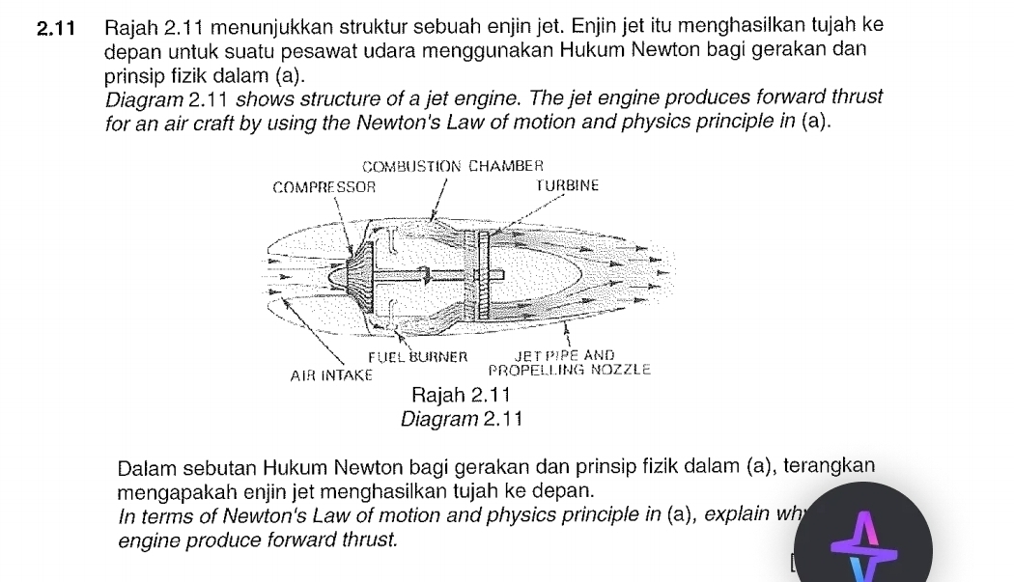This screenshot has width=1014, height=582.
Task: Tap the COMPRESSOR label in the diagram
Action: (324, 185)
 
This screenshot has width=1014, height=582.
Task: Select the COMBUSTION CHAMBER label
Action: (454, 166)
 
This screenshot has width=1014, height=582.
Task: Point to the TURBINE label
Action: (568, 185)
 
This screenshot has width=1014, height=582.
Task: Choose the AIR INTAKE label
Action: (331, 374)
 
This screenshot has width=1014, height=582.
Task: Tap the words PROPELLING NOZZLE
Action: (570, 370)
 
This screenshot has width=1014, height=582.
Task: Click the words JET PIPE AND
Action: (565, 355)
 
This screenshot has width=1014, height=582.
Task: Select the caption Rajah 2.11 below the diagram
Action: (460, 396)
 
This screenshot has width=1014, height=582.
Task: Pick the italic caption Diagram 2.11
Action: (461, 419)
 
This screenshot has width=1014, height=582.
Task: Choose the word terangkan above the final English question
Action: (830, 467)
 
